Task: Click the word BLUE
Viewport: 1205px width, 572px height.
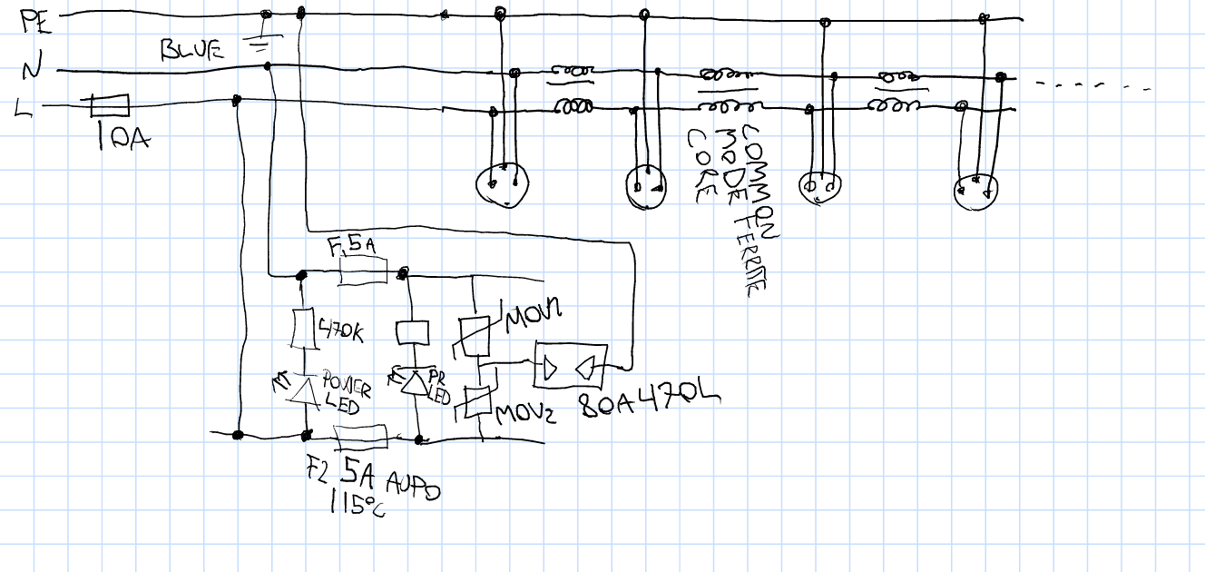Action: [x=191, y=50]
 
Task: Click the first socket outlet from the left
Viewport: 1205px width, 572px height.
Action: [x=500, y=185]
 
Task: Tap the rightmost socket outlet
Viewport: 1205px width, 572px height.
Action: [x=976, y=190]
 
